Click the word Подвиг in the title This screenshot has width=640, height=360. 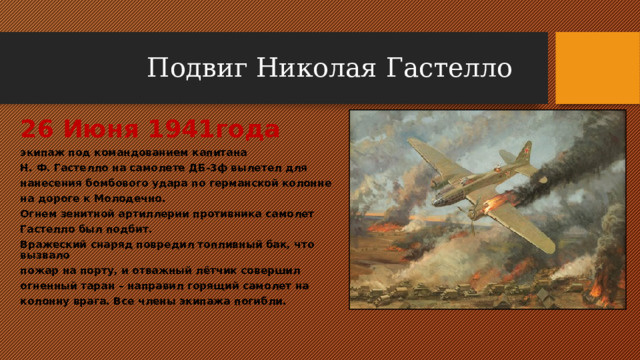(197, 69)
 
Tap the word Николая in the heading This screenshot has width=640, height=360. (316, 68)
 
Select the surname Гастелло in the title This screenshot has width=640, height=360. (449, 68)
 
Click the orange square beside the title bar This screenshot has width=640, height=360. (598, 68)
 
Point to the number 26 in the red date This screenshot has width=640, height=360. (37, 129)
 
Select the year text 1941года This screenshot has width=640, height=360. (214, 129)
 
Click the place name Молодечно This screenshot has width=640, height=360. (130, 199)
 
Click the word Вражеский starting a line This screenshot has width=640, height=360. (53, 245)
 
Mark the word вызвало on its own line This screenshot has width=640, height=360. (45, 256)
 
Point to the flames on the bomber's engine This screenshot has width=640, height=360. (497, 202)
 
